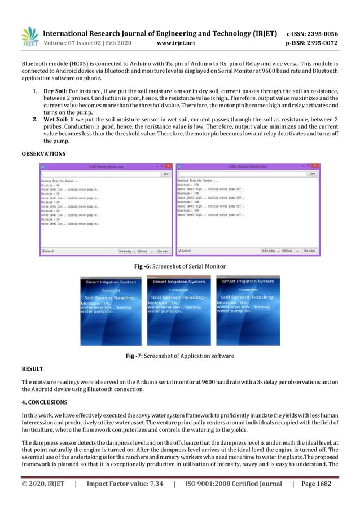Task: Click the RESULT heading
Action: point(33,368)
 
